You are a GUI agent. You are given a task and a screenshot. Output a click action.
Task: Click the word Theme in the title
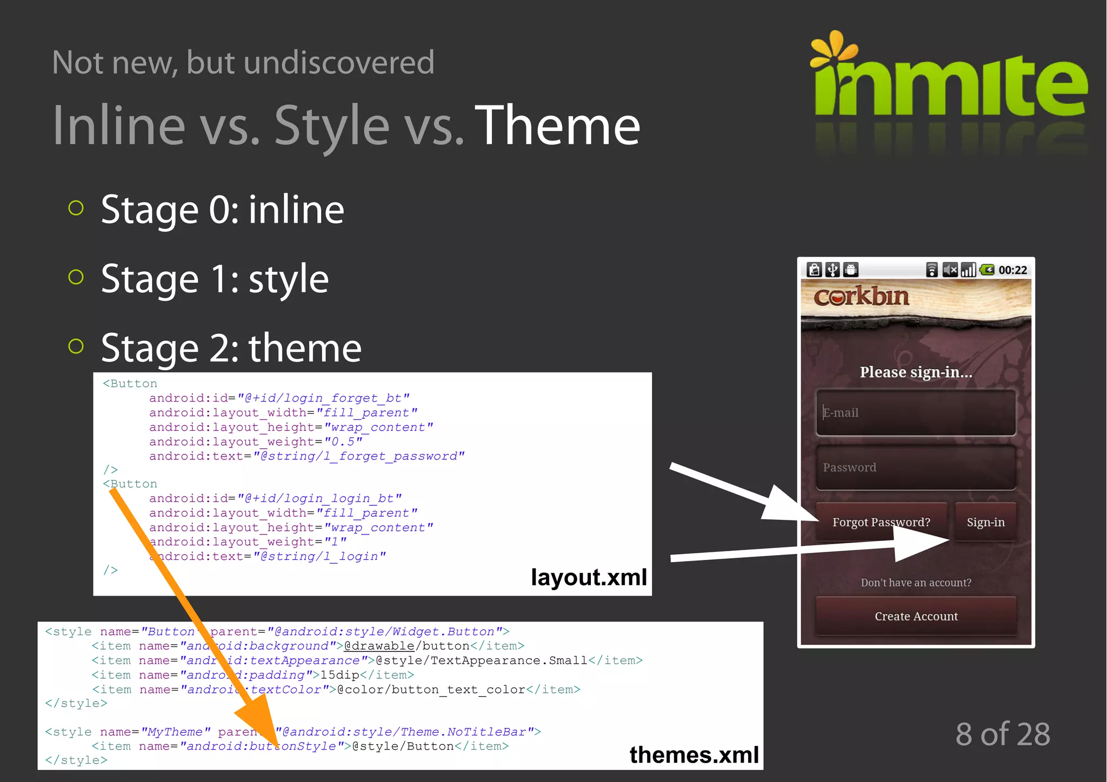[x=557, y=126]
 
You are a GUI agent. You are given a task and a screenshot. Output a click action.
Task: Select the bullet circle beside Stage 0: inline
[x=76, y=208]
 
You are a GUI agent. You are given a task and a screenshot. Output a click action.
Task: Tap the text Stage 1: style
[x=215, y=279]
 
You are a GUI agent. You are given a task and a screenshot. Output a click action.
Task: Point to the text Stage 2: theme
[x=231, y=348]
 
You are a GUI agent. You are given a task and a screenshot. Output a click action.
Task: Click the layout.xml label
[x=588, y=577]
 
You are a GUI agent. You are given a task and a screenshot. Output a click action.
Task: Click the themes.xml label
[x=693, y=754]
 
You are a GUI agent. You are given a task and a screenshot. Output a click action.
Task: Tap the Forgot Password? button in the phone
[x=881, y=522]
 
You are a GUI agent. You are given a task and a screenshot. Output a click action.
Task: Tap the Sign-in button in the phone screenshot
[x=985, y=522]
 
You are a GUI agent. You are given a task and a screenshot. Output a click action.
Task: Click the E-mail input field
[x=915, y=413]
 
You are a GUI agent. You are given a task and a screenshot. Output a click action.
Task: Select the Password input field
[x=915, y=468]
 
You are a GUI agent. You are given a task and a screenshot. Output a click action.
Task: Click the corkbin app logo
[x=861, y=297]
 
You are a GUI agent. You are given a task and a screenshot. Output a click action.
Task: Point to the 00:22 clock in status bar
[x=1012, y=270]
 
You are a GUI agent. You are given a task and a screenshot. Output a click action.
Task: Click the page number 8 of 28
[x=1002, y=734]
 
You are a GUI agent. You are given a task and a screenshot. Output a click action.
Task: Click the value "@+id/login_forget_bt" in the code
[x=323, y=398]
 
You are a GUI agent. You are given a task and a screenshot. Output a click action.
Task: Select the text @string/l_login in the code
[x=319, y=557]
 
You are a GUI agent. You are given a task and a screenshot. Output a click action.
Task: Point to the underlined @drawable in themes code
[x=379, y=646]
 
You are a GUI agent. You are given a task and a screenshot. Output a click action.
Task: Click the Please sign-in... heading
[x=916, y=372]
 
